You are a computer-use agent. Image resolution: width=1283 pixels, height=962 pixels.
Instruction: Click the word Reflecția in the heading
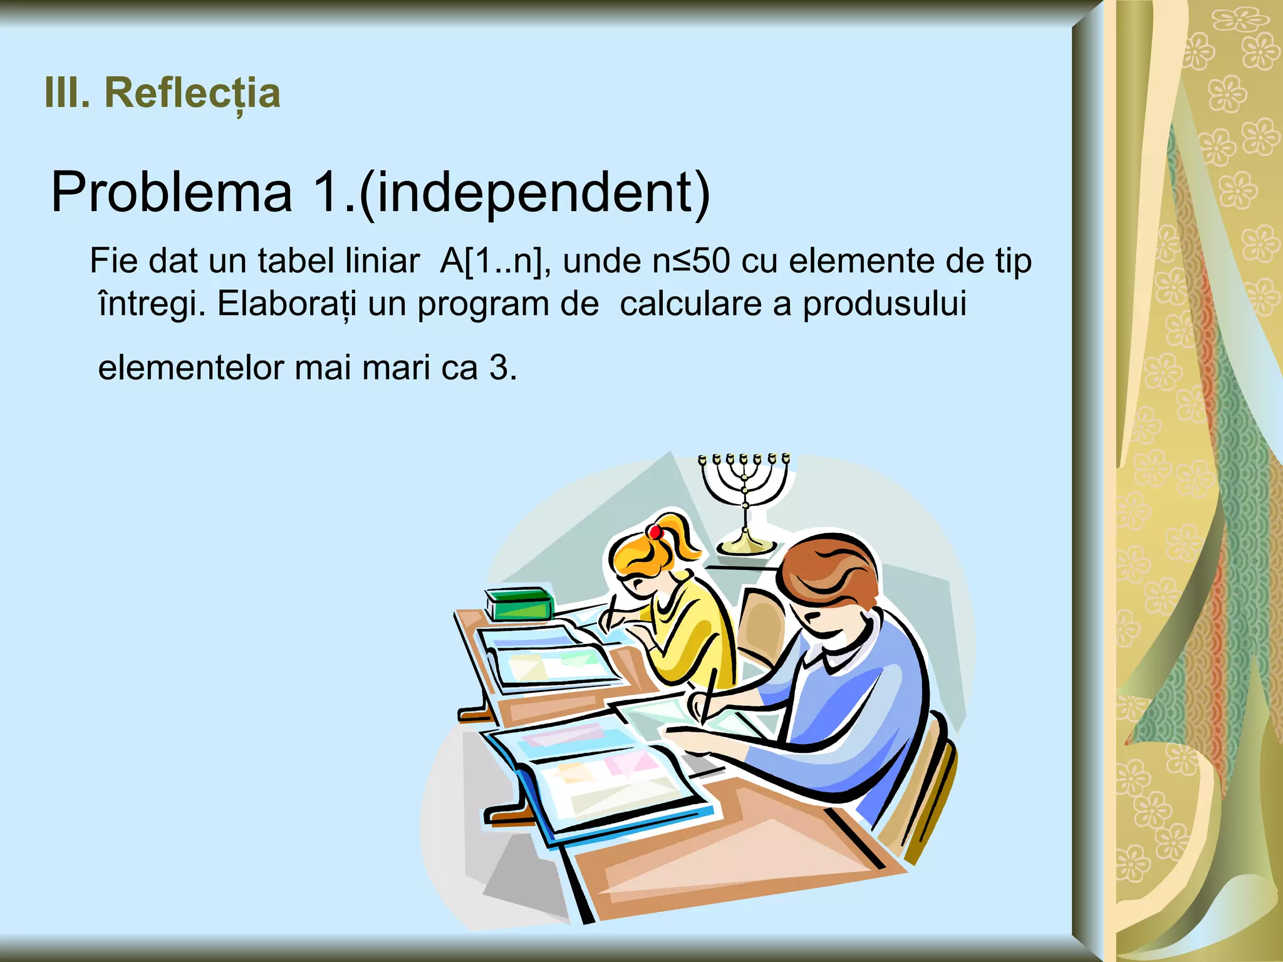pos(192,93)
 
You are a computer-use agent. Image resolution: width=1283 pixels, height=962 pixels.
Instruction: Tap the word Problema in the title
pos(172,192)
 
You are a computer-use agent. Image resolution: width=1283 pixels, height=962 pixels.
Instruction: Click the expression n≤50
pos(691,261)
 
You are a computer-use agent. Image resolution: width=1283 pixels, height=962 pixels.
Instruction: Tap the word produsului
pos(885,305)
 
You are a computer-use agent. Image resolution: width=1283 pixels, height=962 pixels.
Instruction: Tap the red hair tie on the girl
pos(655,532)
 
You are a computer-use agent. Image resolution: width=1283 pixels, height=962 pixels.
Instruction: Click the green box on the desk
pos(519,604)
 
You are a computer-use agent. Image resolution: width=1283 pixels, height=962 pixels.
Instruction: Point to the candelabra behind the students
pos(745,501)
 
